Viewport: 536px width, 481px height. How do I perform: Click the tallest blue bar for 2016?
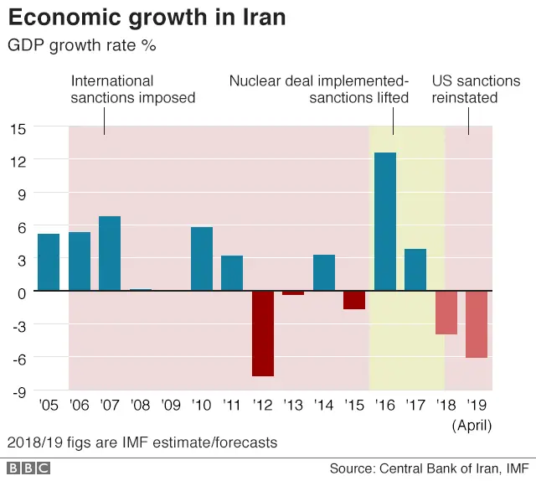(385, 222)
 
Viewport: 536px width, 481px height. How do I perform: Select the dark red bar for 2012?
(263, 334)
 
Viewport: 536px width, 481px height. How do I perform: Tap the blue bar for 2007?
(110, 254)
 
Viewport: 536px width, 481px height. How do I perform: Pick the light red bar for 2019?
(477, 324)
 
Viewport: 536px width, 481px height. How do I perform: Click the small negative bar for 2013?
(293, 293)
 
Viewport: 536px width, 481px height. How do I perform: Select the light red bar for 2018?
(446, 313)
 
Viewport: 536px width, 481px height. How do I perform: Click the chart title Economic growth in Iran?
(147, 18)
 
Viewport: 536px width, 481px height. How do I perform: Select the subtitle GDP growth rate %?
(81, 45)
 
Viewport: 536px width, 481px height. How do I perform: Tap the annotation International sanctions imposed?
(132, 90)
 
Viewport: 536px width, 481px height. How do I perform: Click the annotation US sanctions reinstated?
(476, 90)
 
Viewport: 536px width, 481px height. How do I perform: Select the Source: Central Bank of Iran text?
(428, 468)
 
